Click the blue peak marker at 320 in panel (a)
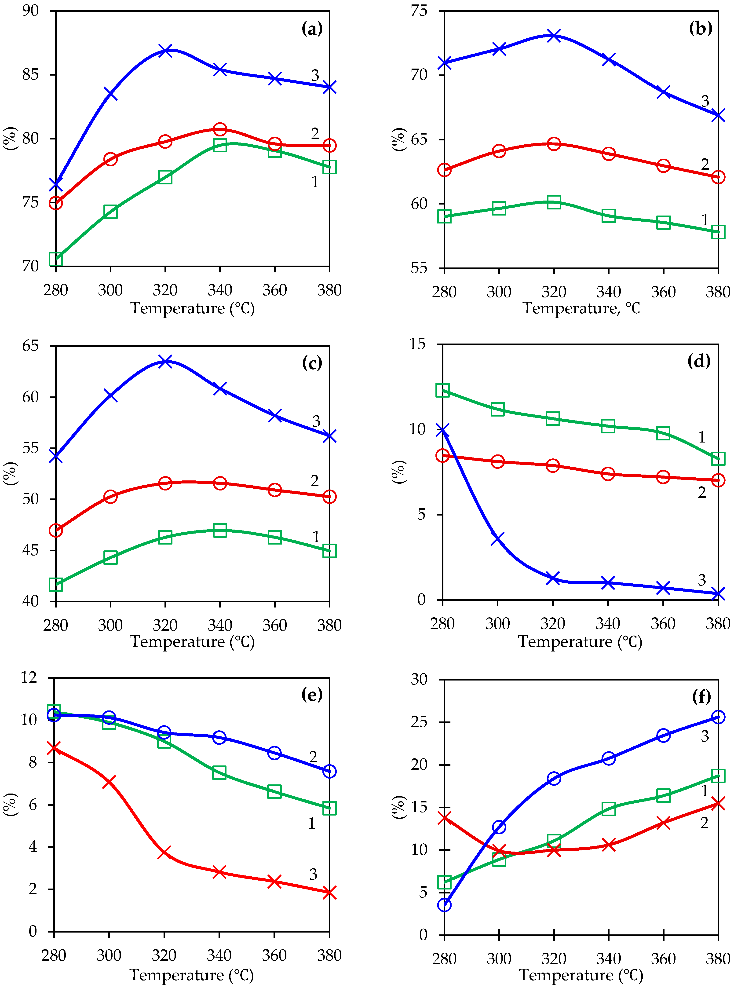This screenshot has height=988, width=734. click(165, 50)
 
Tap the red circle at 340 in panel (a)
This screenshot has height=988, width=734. click(220, 129)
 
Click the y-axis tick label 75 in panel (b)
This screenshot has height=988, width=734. click(419, 11)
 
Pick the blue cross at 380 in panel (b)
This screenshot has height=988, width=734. click(718, 115)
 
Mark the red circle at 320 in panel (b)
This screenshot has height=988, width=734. click(554, 143)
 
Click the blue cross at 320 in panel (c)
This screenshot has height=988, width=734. click(165, 361)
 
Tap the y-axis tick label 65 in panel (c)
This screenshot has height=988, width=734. click(30, 346)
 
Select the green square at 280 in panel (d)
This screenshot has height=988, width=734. click(442, 391)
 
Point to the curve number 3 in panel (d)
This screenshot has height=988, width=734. click(701, 580)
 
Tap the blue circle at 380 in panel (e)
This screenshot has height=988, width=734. click(329, 771)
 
